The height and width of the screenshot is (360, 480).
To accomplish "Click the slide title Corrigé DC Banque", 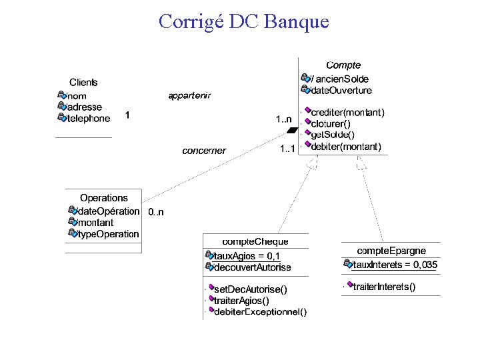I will click(x=244, y=21).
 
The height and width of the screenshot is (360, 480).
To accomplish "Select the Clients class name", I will click(x=83, y=83).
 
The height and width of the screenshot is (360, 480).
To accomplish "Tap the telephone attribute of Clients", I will click(x=88, y=118).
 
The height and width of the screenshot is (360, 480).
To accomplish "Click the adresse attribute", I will click(x=85, y=107).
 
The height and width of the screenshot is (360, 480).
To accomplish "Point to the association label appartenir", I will click(x=189, y=95).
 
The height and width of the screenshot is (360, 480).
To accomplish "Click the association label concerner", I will click(x=204, y=151).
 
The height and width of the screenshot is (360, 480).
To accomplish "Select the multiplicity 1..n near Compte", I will click(x=284, y=119).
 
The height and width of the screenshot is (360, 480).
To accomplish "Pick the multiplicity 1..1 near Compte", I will click(x=288, y=148).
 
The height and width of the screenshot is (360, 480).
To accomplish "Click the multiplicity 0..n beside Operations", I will click(x=156, y=212).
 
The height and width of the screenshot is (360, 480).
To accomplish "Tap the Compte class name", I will click(x=343, y=65).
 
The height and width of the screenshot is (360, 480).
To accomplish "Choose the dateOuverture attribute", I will click(x=341, y=90).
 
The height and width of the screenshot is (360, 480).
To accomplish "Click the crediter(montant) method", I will click(x=347, y=113).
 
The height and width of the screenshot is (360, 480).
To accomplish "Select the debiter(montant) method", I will click(x=346, y=146).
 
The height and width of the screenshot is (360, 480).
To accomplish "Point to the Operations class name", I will click(x=103, y=198).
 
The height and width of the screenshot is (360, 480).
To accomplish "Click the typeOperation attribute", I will click(x=108, y=234).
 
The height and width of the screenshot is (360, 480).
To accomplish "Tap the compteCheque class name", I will click(x=255, y=241).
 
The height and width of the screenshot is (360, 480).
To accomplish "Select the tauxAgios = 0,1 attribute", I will click(x=247, y=256).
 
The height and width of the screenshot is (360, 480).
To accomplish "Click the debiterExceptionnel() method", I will click(x=260, y=311).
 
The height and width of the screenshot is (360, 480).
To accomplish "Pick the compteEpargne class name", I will click(x=391, y=251).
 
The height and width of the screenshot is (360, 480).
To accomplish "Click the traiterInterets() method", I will click(x=384, y=287).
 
